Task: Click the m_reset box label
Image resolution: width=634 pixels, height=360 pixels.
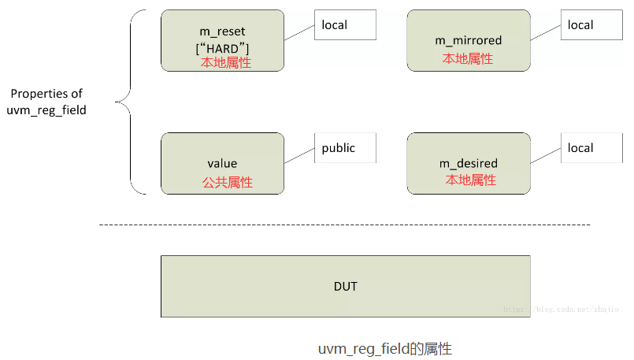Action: [222, 32]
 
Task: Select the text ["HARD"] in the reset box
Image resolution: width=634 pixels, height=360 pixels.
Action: [222, 48]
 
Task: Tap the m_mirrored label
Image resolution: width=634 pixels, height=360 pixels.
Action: [468, 40]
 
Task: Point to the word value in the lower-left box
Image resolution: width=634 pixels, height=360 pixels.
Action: [222, 164]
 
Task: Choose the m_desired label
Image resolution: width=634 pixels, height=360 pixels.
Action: [468, 164]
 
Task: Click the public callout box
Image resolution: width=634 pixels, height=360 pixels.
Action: [345, 148]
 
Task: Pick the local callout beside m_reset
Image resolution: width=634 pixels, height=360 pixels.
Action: [345, 25]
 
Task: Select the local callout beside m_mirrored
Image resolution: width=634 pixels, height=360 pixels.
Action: [591, 25]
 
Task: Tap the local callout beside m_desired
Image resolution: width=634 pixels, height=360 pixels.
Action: [591, 148]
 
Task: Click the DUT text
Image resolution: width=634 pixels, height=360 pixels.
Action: [345, 286]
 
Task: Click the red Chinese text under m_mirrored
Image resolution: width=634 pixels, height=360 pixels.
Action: [468, 58]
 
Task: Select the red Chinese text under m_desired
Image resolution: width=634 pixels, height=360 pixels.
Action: [470, 180]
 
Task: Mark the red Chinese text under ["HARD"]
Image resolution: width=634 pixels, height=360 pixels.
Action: [226, 63]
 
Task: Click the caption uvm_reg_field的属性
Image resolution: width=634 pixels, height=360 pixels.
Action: [384, 348]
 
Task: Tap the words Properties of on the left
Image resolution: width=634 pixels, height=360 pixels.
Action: [46, 94]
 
